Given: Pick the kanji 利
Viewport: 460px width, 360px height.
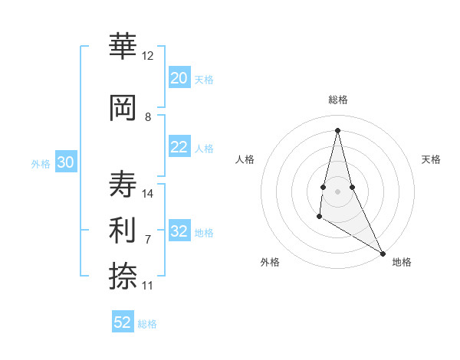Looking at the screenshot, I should click(x=123, y=229).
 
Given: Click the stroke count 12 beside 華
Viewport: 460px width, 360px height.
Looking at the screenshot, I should click(x=147, y=56).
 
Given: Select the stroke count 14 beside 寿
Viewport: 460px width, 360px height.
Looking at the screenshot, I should click(x=148, y=194).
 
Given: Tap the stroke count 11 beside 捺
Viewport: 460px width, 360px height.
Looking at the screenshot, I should click(x=147, y=286).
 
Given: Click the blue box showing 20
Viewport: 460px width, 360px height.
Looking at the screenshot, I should click(x=179, y=78).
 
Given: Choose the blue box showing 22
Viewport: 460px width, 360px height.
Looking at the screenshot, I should click(x=179, y=147).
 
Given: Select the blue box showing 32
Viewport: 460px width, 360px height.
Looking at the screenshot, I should click(x=179, y=231).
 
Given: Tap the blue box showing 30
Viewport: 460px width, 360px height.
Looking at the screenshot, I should click(x=65, y=162).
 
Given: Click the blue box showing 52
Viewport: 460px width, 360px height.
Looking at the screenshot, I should click(x=123, y=322).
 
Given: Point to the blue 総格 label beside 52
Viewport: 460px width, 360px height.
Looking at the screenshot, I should click(x=147, y=324).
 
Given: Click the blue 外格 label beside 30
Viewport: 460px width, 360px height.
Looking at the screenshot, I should click(x=41, y=164).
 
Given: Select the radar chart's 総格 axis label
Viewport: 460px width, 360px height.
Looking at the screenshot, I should click(x=337, y=100).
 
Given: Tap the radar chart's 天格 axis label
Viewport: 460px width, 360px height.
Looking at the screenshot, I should click(x=431, y=159).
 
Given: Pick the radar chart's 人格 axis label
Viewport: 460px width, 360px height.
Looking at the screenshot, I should click(x=245, y=159).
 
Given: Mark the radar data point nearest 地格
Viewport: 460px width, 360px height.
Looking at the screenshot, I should click(x=383, y=254).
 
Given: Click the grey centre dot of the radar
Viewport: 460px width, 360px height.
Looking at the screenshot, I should click(x=337, y=190).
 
